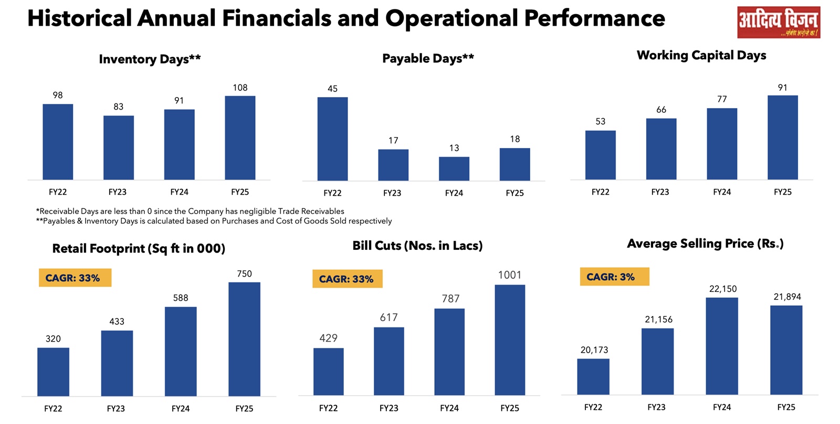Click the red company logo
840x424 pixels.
(x=778, y=22)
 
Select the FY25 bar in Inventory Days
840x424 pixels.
(x=240, y=137)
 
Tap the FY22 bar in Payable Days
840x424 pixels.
(x=332, y=139)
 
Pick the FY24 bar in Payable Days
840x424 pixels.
(x=454, y=168)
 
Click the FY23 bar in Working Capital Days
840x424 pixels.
(x=661, y=149)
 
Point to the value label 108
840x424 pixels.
(x=240, y=88)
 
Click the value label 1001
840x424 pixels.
(x=509, y=275)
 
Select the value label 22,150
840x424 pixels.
(x=722, y=289)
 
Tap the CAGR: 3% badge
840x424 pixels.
(x=614, y=277)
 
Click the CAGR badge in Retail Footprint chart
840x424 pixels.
(x=75, y=278)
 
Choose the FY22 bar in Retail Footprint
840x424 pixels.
(x=53, y=372)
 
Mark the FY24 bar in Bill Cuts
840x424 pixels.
(x=449, y=352)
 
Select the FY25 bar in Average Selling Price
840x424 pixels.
(x=786, y=349)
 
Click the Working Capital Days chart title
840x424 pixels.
(x=701, y=55)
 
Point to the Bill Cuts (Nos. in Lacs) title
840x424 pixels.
(x=417, y=246)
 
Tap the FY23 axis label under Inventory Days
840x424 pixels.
(x=118, y=192)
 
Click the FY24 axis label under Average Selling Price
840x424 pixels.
(x=722, y=407)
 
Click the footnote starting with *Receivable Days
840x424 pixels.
(x=190, y=211)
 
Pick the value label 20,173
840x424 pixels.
(x=594, y=350)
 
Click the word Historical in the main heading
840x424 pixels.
(x=79, y=18)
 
